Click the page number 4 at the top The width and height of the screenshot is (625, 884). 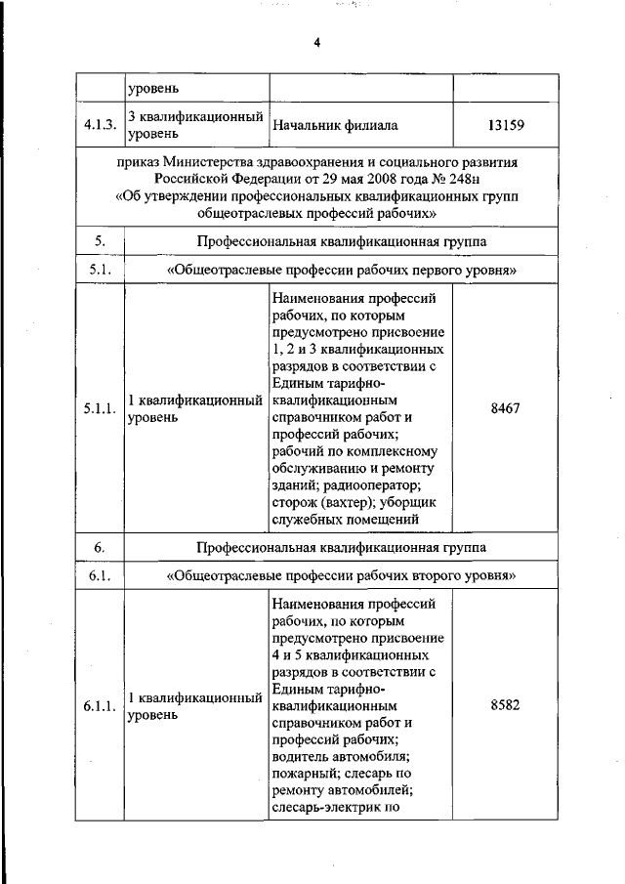pos(317,43)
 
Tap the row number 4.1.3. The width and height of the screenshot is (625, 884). pos(100,125)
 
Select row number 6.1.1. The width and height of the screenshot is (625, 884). pos(100,706)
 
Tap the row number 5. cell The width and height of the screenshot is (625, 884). pos(100,240)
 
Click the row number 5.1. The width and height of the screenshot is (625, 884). pos(100,270)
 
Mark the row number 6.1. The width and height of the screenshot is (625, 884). pos(100,575)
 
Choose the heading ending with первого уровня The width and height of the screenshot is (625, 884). pos(341,270)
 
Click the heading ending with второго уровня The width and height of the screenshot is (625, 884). pos(341,575)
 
